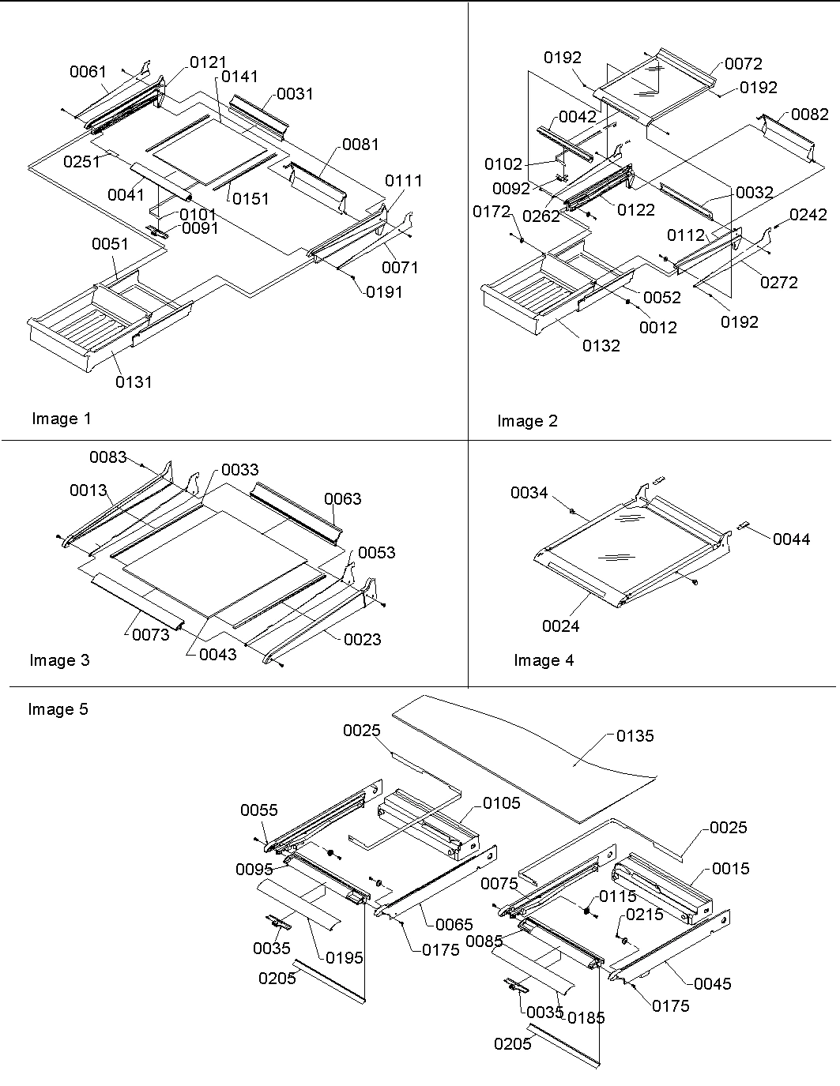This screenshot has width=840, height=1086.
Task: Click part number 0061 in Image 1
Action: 88,73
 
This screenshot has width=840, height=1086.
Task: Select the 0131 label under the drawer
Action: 134,381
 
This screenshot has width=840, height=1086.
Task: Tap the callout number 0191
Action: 384,292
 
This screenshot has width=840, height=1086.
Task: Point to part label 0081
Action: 360,145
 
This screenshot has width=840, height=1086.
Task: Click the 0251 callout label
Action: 82,161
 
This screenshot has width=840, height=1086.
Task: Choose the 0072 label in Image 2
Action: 744,64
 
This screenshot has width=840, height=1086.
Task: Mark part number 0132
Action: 601,345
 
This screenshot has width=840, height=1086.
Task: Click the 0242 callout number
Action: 808,215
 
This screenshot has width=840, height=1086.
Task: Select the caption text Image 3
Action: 60,660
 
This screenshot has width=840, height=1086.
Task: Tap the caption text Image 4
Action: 544,660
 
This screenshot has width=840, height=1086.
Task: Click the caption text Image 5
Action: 58,709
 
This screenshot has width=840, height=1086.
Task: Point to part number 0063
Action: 343,499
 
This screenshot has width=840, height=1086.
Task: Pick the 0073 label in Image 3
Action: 150,634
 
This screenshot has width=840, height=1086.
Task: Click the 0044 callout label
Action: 792,539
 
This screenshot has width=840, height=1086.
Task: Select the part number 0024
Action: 560,626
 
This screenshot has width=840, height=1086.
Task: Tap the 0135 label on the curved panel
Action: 635,736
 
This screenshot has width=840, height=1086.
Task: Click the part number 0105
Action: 502,803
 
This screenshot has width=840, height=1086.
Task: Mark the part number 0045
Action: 713,984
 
